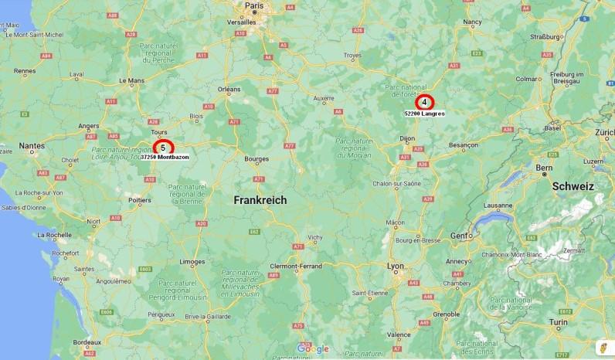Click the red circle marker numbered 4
pyautogui.click(x=424, y=102)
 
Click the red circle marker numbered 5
pyautogui.click(x=163, y=146)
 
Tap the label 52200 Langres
pyautogui.click(x=424, y=114)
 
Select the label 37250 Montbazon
pyautogui.click(x=165, y=157)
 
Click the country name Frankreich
pyautogui.click(x=260, y=200)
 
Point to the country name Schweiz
pyautogui.click(x=573, y=186)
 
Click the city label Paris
pyautogui.click(x=254, y=5)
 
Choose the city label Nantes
pyautogui.click(x=32, y=145)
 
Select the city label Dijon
pyautogui.click(x=407, y=138)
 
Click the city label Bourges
pyautogui.click(x=256, y=159)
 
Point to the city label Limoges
pyautogui.click(x=192, y=262)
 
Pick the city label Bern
pyautogui.click(x=545, y=167)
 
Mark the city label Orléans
pyautogui.click(x=229, y=90)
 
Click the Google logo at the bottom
pyautogui.click(x=312, y=349)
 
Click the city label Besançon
pyautogui.click(x=464, y=144)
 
